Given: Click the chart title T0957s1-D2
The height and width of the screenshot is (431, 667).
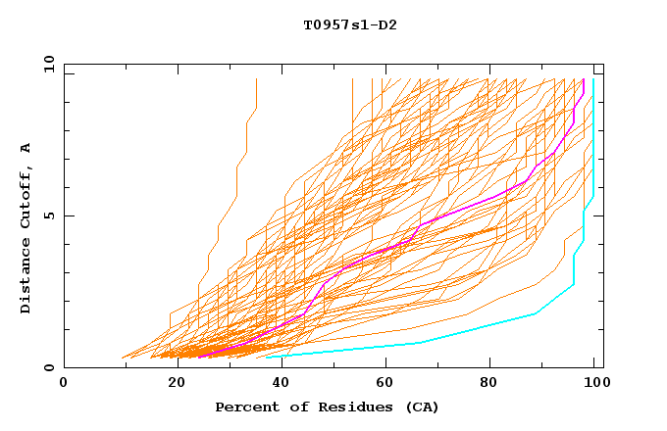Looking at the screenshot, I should tap(336, 24).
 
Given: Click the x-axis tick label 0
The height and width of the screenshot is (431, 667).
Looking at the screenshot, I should tap(64, 382).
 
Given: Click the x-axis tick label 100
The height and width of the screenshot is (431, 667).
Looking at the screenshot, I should tap(593, 382).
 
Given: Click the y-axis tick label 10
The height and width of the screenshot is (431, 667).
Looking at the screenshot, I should tap(47, 64).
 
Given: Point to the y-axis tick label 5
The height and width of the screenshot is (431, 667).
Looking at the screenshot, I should tap(51, 215).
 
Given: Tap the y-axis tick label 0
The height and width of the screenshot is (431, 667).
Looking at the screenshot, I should tap(51, 367).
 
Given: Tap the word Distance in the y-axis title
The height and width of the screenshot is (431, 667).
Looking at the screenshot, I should tap(26, 275).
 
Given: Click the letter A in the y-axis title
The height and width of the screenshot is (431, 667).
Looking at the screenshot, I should tap(26, 147).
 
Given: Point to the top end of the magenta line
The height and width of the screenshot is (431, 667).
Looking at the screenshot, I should tap(584, 80).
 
